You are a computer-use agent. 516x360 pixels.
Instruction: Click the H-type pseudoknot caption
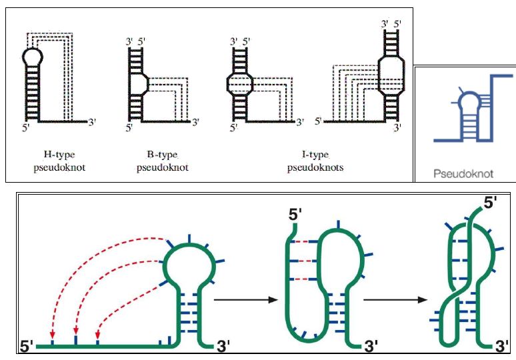(x=59, y=161)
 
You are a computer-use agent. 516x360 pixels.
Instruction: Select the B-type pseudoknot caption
(x=162, y=161)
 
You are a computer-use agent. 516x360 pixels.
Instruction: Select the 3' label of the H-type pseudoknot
(x=93, y=123)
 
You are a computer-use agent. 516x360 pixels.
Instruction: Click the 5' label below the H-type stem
(x=26, y=127)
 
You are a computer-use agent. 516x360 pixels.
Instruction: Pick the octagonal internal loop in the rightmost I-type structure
(x=391, y=73)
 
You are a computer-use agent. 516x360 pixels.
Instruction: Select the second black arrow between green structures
(x=394, y=300)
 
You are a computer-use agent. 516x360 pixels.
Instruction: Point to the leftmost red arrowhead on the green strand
(x=52, y=335)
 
